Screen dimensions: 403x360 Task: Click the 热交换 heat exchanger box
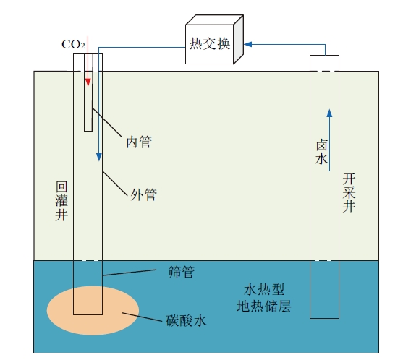point(214,39)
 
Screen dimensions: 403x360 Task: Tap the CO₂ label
point(73,44)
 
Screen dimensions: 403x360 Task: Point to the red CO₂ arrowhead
point(88,82)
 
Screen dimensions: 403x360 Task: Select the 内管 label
point(139,142)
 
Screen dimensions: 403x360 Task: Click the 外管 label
point(144,194)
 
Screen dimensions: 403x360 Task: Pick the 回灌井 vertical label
point(61,201)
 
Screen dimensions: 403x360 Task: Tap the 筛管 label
point(182,272)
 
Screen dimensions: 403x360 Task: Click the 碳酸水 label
point(186,320)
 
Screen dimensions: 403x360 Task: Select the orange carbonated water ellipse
point(93,310)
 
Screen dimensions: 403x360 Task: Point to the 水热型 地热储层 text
point(263,298)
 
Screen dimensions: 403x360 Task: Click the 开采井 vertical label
point(349,192)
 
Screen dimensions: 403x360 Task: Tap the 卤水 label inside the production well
point(321,152)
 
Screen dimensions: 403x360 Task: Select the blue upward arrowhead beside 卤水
point(329,113)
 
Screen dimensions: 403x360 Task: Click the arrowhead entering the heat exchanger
point(247,44)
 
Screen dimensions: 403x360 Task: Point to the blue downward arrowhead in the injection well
point(99,157)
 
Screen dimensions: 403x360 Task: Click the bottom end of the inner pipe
point(88,131)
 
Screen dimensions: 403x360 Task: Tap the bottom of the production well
point(324,318)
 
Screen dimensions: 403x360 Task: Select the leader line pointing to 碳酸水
point(142,317)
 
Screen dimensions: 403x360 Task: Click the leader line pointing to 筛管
point(130,273)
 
